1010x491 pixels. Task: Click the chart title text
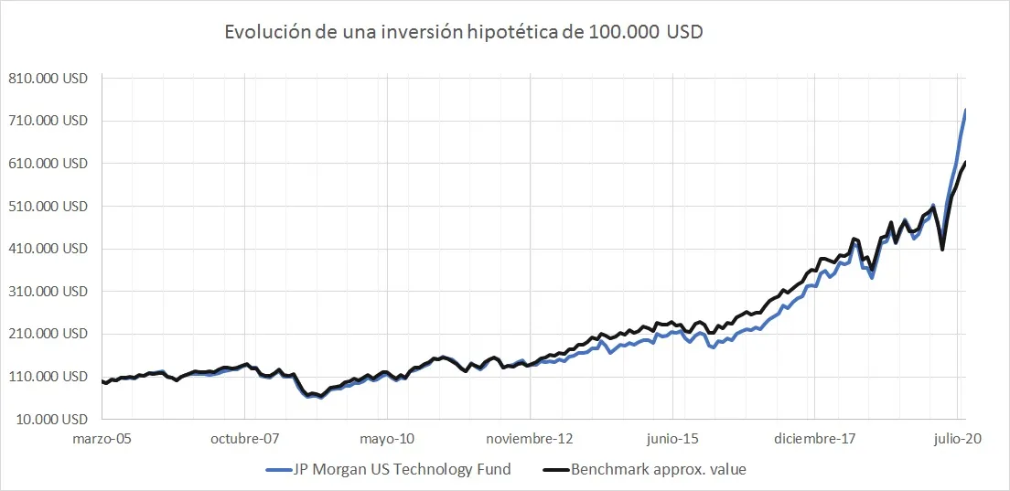click(464, 32)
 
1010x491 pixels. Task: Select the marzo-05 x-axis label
click(102, 439)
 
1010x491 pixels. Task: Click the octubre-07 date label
click(245, 439)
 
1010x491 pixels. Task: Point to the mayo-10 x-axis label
click(388, 439)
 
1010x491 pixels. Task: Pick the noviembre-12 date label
click(531, 439)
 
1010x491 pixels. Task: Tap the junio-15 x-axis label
click(673, 439)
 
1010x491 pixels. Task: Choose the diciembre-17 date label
click(815, 439)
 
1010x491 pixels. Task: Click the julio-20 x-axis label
click(958, 439)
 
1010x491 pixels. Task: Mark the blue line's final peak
click(965, 111)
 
